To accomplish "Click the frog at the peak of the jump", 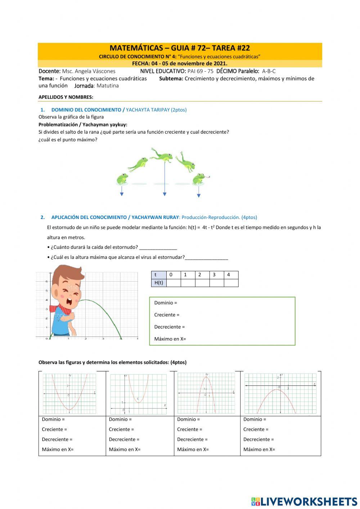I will click(x=162, y=155).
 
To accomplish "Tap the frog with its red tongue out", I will click(x=199, y=179).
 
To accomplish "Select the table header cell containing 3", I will click(x=214, y=274).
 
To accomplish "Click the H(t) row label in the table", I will click(x=158, y=283).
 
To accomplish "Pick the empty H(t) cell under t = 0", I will click(x=173, y=283).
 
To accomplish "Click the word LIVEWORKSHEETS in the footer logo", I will click(x=309, y=501).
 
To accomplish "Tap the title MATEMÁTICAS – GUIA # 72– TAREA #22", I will click(x=180, y=48).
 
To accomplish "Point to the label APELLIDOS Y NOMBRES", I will click(x=66, y=97).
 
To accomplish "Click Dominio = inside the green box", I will click(x=166, y=303).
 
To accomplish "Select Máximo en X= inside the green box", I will click(x=170, y=339).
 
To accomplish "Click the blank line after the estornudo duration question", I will click(x=158, y=248).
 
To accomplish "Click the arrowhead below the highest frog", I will click(x=165, y=194).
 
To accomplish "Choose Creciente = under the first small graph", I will click(x=54, y=429).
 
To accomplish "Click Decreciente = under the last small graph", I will click(x=258, y=439).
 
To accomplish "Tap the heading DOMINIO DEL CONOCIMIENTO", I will click(x=86, y=110).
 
